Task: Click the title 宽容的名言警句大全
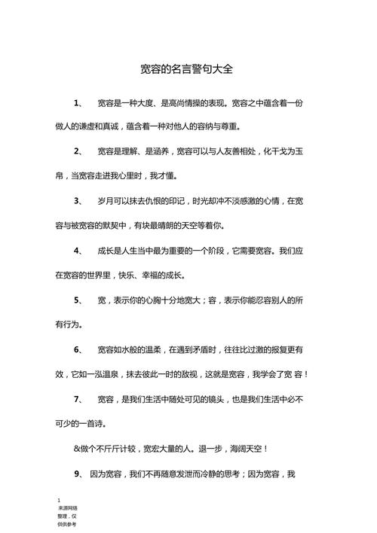click(x=188, y=69)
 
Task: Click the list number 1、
click(x=79, y=102)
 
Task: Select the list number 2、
click(x=79, y=152)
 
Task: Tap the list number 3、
click(x=79, y=201)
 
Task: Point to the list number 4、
click(x=79, y=251)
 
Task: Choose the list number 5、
click(x=79, y=300)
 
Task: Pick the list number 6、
click(x=79, y=349)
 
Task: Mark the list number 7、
click(x=79, y=398)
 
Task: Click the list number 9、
click(x=79, y=474)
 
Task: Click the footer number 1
click(x=58, y=501)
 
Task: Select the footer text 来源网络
click(x=67, y=509)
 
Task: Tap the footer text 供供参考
click(x=67, y=525)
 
